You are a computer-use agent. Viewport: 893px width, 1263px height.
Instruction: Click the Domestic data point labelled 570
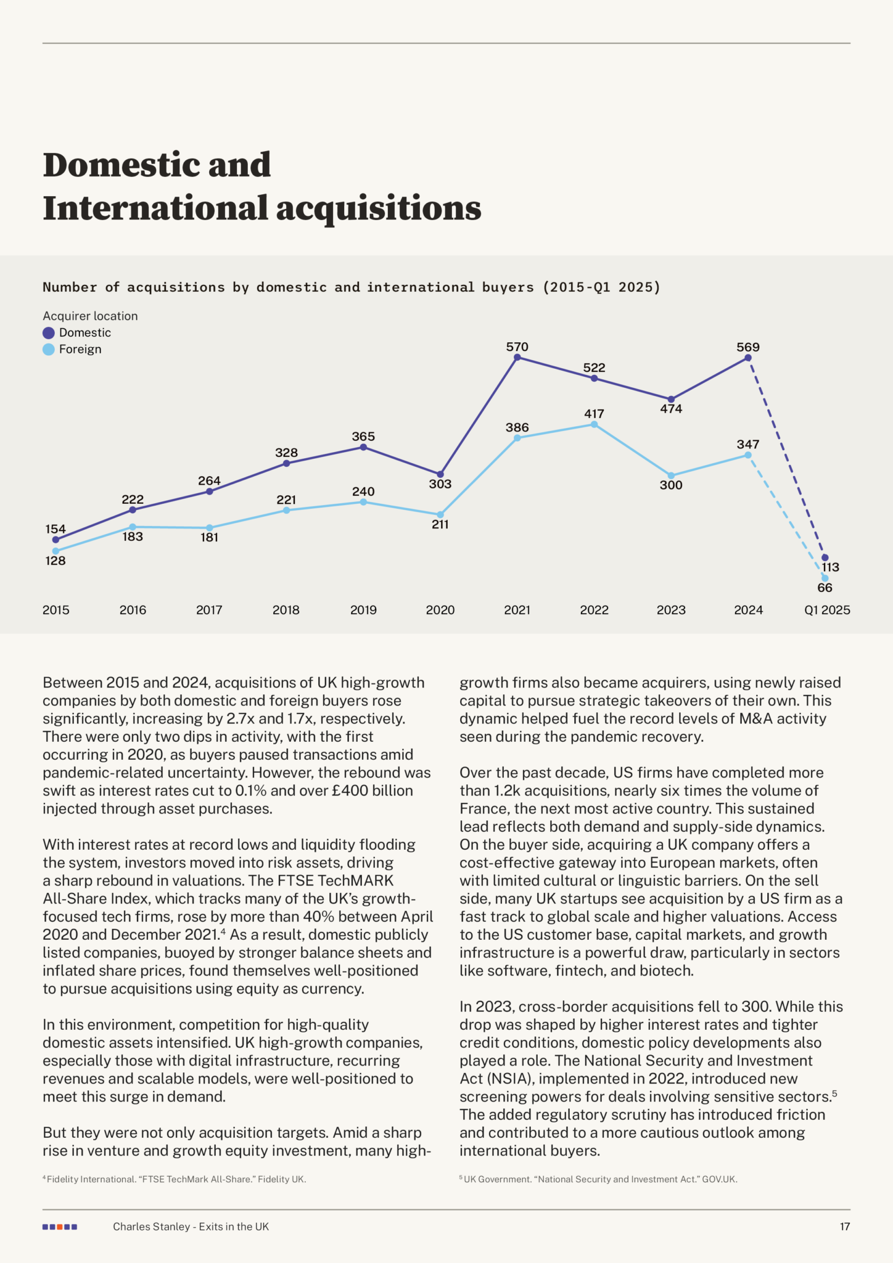517,357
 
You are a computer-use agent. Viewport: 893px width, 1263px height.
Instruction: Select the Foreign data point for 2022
594,424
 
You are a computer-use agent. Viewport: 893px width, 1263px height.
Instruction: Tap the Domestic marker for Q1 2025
825,557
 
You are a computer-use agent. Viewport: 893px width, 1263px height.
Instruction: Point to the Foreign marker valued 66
825,578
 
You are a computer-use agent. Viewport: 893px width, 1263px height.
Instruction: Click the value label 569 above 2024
748,347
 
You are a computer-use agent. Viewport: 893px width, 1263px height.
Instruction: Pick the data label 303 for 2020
440,484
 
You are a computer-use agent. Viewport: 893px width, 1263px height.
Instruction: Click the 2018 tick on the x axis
286,610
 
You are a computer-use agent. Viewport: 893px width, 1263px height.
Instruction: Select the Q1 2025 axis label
827,610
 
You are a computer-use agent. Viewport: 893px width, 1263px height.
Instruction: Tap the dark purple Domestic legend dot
49,333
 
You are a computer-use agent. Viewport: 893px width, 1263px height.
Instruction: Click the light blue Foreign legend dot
49,350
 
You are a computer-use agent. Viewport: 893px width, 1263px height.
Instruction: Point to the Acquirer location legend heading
90,316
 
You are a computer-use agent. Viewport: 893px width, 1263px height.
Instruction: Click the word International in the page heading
156,208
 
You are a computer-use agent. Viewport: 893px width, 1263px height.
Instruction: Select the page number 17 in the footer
845,1227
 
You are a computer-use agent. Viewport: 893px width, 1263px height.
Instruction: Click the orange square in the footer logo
60,1227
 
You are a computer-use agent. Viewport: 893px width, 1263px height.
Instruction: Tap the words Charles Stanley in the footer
151,1227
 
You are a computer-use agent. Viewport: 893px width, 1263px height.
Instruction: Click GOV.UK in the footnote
720,1179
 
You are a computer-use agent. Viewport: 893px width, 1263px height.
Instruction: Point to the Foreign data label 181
209,537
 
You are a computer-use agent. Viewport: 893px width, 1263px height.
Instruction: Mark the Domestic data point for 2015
56,540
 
